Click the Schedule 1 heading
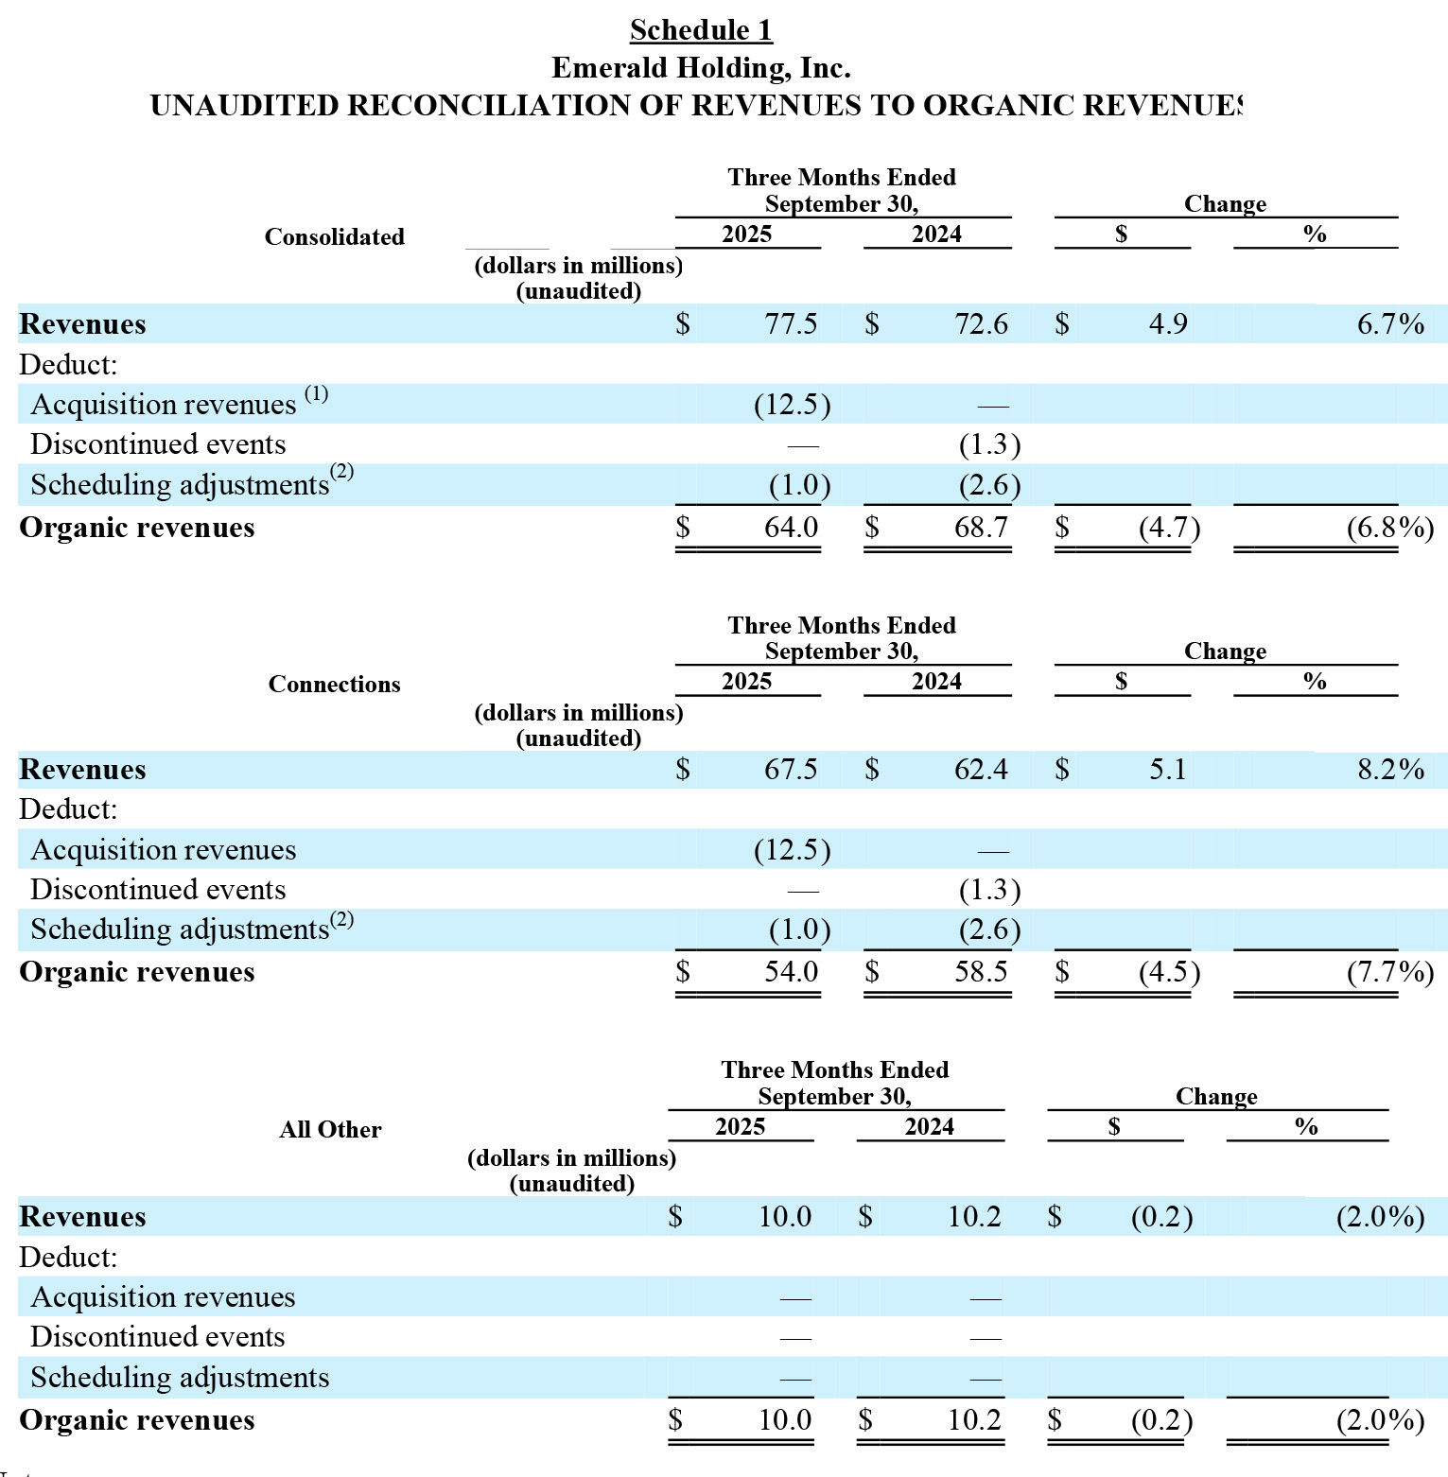pos(701,30)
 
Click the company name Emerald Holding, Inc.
pos(701,68)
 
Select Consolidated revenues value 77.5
pos(791,324)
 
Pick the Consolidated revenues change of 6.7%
pos(1390,324)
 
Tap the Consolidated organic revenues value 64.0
pos(791,528)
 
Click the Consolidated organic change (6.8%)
pos(1389,528)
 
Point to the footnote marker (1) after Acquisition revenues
pos(316,393)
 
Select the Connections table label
pos(334,685)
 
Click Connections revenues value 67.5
pos(791,770)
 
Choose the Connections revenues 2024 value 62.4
pos(981,770)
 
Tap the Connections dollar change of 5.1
pos(1168,770)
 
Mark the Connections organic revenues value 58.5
pos(981,972)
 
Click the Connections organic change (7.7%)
pos(1389,972)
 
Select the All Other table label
pos(330,1130)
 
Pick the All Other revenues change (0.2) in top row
pos(1161,1217)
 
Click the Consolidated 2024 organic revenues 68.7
pos(981,528)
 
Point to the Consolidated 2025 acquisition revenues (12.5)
pos(792,405)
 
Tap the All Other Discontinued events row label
pos(158,1337)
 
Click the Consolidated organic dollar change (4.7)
pos(1169,528)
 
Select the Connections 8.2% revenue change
pos(1390,770)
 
